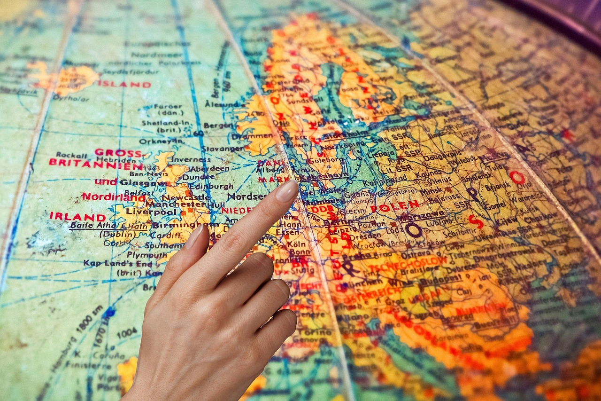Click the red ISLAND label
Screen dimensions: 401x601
pyautogui.click(x=124, y=85)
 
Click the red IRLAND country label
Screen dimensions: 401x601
pyautogui.click(x=77, y=217)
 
